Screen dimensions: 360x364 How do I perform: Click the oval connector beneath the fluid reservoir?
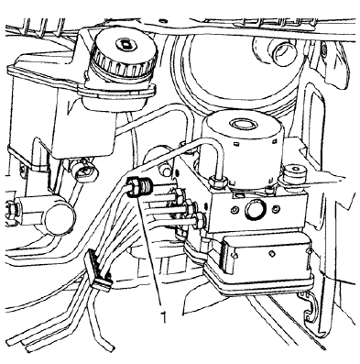pos(84,171)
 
